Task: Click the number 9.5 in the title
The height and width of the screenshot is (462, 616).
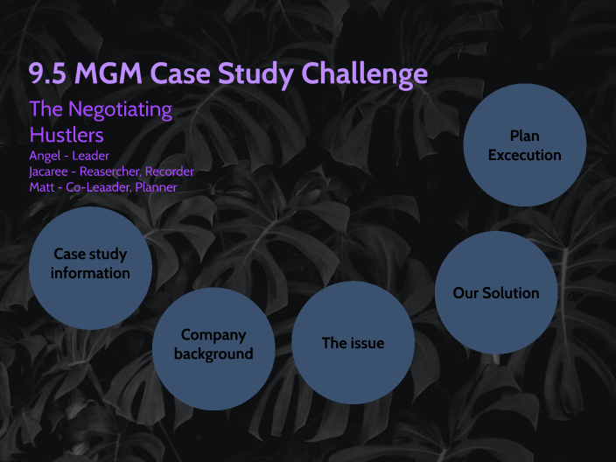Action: (47, 73)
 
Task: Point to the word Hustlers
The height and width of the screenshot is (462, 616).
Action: (66, 135)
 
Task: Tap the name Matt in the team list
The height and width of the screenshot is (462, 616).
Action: (43, 187)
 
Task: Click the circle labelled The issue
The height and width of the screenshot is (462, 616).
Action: (353, 342)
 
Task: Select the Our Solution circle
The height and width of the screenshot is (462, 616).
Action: (496, 293)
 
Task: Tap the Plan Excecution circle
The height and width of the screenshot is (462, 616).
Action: (524, 145)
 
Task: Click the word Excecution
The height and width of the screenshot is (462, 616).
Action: (524, 155)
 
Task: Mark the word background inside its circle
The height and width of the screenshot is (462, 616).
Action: (213, 354)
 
